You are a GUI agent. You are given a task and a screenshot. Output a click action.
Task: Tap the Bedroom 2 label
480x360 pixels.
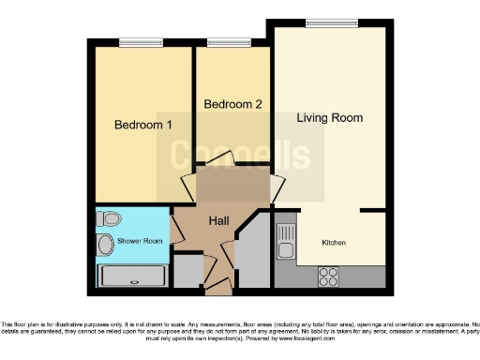click(233, 104)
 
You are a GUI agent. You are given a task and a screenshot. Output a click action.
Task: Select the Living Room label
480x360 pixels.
click(329, 118)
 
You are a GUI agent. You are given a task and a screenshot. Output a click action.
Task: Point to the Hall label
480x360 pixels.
click(218, 220)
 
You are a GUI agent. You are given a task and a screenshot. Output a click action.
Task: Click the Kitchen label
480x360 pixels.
click(334, 243)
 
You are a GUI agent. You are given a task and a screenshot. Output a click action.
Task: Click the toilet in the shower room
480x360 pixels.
click(110, 219)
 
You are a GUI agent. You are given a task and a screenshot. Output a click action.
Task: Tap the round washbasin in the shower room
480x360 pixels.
click(106, 246)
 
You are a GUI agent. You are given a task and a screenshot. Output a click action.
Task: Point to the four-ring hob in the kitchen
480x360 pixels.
click(329, 277)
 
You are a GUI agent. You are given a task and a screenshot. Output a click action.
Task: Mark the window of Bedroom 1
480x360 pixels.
click(141, 41)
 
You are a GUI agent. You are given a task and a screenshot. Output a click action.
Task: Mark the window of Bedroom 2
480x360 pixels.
click(222, 41)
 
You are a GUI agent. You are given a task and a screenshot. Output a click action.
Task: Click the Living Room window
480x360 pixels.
click(324, 23)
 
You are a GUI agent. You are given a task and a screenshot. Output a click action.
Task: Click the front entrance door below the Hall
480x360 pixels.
click(218, 282)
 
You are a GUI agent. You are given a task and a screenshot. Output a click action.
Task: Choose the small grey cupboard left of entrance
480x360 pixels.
click(188, 271)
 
